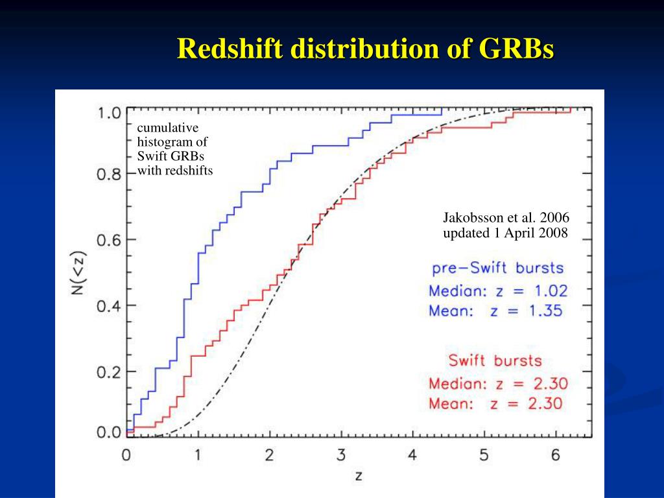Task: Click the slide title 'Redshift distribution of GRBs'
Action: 366,49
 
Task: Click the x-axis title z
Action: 359,477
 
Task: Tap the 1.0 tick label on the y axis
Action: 109,113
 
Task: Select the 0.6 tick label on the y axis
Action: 109,240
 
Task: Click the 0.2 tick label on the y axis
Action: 109,372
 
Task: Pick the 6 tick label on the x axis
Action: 556,455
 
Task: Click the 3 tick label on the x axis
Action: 341,455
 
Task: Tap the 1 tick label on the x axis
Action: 198,455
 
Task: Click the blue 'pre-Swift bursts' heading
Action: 497,268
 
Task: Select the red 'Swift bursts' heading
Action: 495,361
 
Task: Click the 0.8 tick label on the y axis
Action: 109,174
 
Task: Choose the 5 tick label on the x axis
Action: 484,455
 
